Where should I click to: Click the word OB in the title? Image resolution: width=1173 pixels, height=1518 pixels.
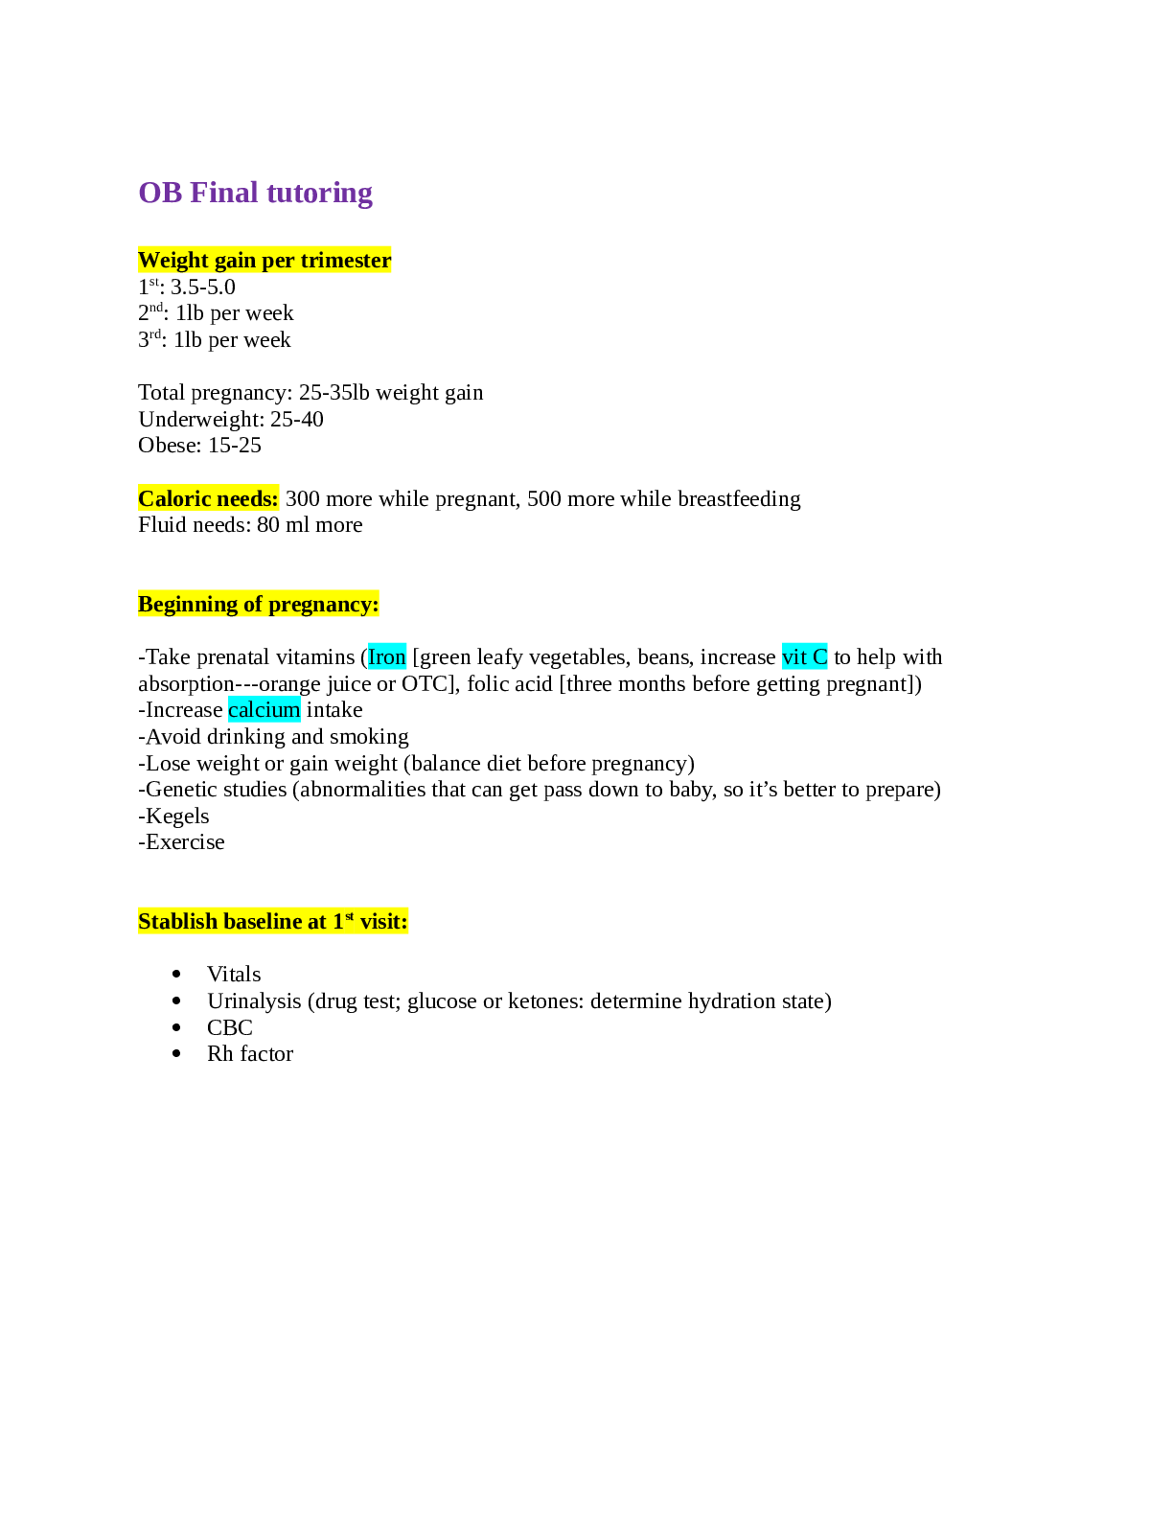160,193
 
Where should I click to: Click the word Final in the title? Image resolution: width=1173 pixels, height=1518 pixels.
224,193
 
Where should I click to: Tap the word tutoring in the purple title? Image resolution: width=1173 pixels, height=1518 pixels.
319,194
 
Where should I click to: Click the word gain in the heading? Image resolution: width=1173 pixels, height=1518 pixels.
235,261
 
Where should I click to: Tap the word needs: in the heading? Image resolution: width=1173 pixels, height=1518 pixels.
250,498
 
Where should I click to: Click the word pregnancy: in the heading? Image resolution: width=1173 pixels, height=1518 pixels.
324,605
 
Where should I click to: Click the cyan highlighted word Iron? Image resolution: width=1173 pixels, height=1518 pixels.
387,656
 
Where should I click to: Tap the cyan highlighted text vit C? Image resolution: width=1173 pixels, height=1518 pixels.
804,656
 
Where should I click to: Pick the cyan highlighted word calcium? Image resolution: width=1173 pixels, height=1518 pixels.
264,709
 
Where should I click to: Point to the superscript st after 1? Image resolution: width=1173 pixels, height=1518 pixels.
349,916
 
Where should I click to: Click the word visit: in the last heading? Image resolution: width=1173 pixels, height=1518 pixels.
383,921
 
